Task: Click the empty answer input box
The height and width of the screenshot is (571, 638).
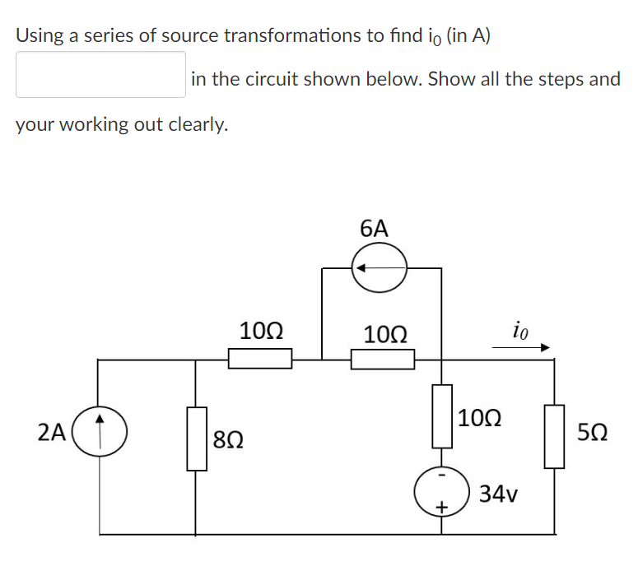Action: click(100, 75)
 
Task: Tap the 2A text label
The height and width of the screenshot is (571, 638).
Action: click(52, 431)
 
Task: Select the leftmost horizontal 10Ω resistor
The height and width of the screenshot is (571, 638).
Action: click(260, 359)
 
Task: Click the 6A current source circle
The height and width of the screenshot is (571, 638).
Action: click(380, 268)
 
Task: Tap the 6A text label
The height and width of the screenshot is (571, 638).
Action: click(375, 229)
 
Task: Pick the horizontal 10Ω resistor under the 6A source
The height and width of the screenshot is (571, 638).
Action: click(383, 359)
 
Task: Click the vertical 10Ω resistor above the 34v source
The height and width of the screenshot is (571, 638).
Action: click(443, 416)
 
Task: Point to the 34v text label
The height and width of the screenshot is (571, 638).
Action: click(499, 494)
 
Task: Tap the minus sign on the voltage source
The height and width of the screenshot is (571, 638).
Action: click(441, 476)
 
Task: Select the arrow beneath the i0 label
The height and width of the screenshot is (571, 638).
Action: click(520, 348)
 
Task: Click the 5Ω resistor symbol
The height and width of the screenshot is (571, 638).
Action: click(555, 436)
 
